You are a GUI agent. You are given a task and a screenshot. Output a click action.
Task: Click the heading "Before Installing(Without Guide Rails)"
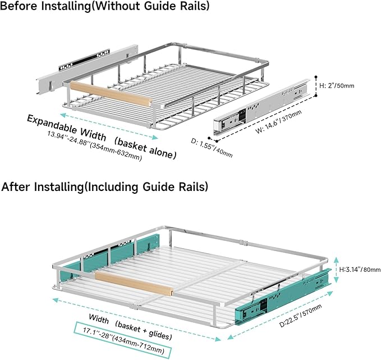pos(105,6)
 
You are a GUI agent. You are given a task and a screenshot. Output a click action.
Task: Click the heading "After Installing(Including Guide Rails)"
pos(105,187)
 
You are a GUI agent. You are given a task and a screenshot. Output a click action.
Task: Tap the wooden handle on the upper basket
pos(111,94)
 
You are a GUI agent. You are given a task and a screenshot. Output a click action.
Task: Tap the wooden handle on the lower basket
pos(134,284)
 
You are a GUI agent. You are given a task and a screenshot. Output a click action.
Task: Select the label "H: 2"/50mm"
pos(337,85)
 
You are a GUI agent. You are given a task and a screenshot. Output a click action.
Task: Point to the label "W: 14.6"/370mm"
pos(279,122)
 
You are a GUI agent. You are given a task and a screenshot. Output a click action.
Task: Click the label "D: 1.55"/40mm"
pos(212,148)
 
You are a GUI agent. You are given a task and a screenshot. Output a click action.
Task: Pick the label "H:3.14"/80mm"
pos(360,269)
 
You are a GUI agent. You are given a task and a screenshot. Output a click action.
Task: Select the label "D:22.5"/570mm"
pos(301,315)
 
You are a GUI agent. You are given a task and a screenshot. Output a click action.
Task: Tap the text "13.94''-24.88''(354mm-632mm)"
pos(94,145)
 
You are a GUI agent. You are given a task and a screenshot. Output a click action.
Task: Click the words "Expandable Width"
pos(67,127)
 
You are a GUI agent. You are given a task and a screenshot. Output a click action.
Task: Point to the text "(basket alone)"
pos(145,148)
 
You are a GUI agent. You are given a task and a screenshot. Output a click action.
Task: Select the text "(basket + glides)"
pos(144,330)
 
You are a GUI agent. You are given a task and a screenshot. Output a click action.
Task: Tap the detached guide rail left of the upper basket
pos(87,69)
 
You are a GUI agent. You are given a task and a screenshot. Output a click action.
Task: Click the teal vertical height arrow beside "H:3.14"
pos(336,270)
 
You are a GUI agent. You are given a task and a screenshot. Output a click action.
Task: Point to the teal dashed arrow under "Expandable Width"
pos(109,126)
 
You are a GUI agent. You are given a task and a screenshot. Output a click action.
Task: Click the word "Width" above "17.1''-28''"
pos(99,319)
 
